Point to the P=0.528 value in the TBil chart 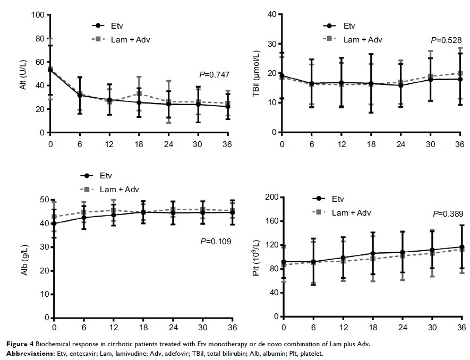pyautogui.click(x=445, y=40)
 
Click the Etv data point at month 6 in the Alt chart pyautogui.click(x=80, y=96)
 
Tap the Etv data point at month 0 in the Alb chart pyautogui.click(x=51, y=224)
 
